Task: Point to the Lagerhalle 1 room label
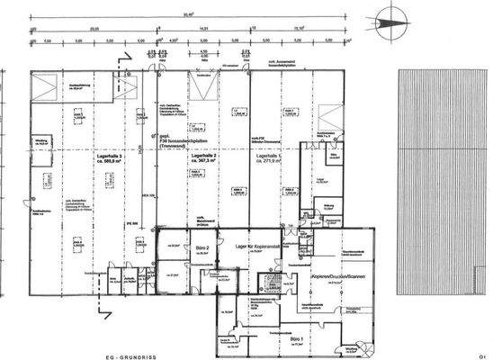[x=271, y=158]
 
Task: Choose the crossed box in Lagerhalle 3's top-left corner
[x=42, y=87]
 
